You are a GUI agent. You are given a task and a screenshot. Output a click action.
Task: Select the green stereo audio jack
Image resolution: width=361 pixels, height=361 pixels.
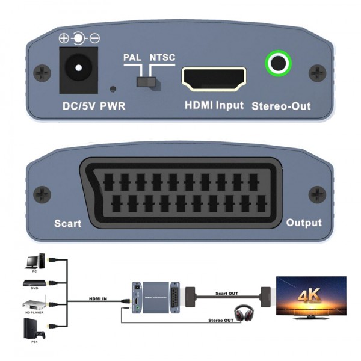279,63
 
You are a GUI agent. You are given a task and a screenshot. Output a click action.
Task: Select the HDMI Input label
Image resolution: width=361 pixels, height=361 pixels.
214,106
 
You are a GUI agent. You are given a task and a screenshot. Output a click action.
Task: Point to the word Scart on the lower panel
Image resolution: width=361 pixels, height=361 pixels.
67,224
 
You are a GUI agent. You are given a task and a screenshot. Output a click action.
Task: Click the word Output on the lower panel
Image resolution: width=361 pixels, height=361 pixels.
304,223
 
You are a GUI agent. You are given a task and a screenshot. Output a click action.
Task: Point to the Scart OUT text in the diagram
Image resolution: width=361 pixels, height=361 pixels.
227,294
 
